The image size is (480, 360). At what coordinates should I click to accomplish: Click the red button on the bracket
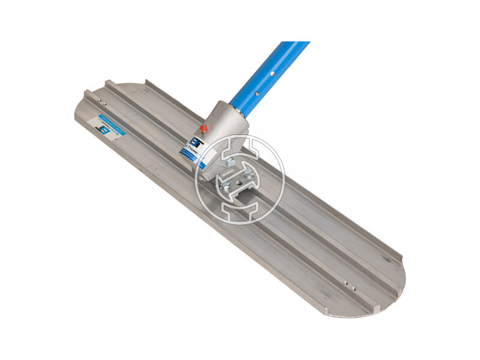click(x=203, y=128)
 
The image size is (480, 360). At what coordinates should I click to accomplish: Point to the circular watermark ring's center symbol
click(x=240, y=180)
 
